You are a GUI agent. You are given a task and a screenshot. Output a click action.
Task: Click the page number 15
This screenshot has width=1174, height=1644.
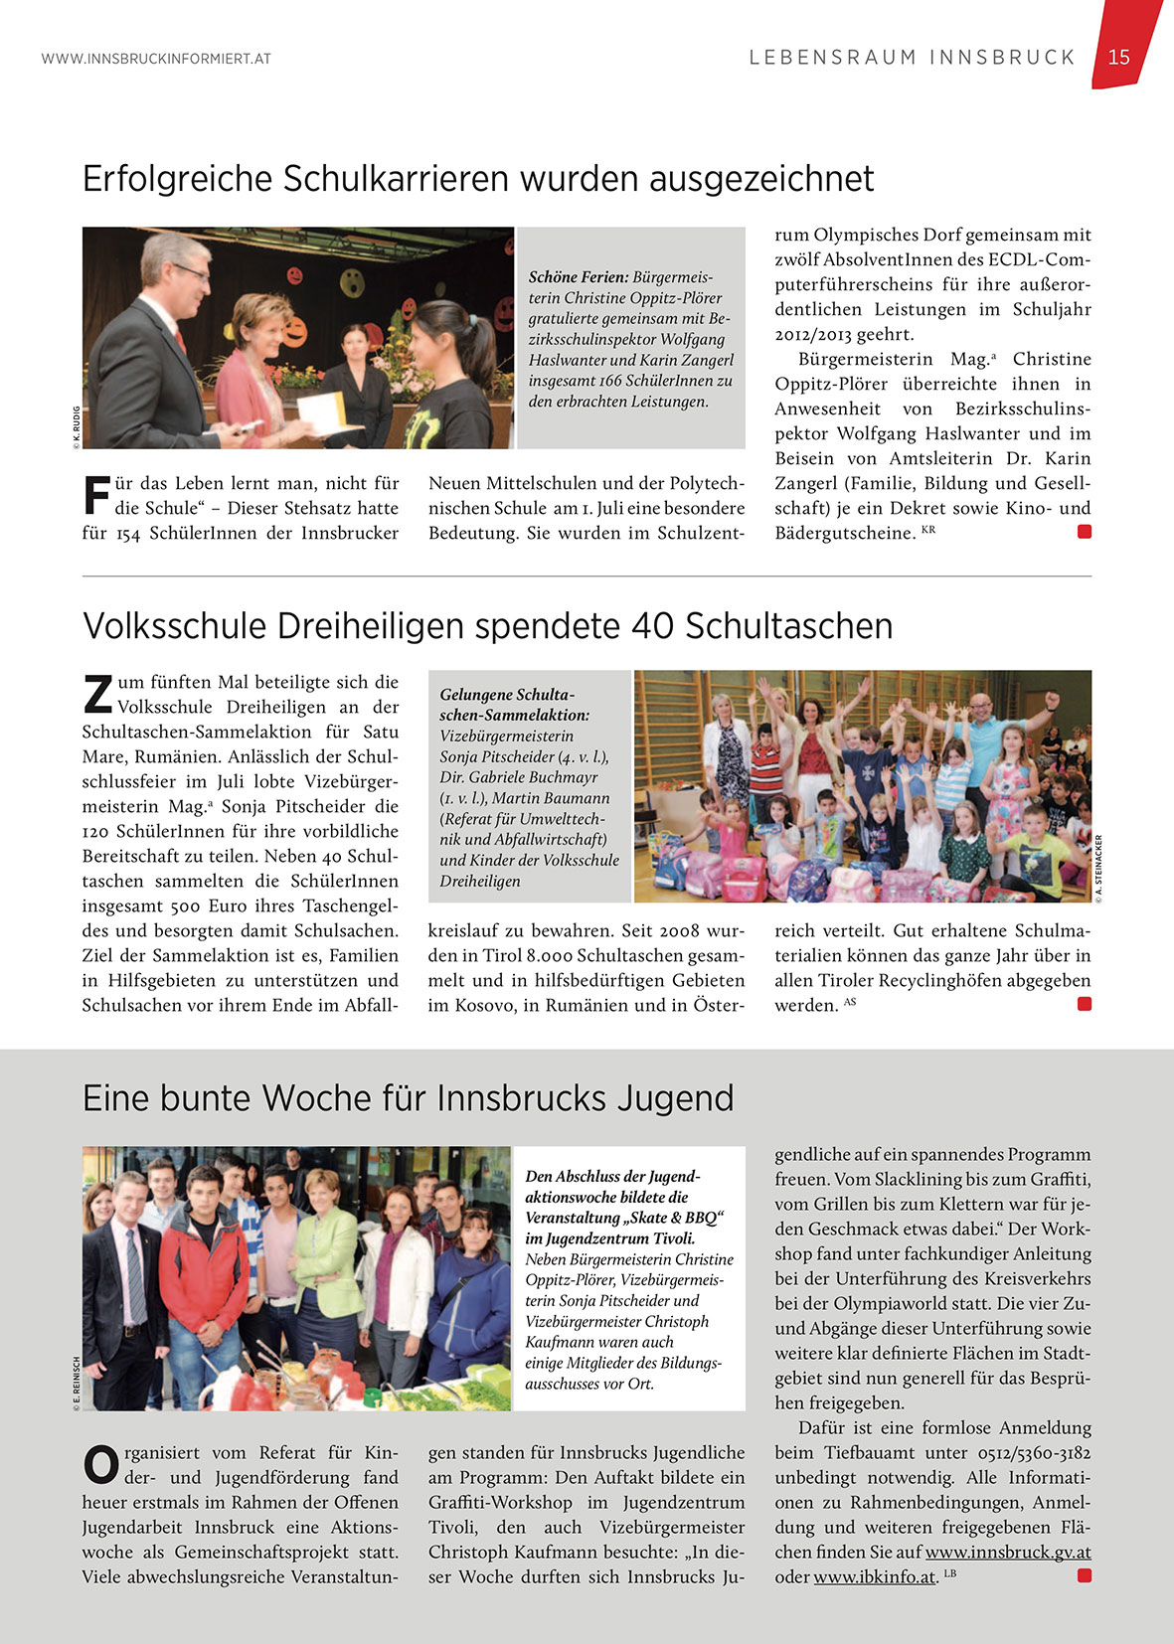click(1119, 58)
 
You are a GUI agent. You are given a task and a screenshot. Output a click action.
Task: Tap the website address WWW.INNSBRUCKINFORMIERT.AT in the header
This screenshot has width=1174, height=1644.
click(156, 60)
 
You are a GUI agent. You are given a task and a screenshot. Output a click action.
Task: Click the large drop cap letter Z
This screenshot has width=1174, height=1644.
click(97, 695)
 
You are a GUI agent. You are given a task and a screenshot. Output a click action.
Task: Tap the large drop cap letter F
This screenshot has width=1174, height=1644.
click(96, 496)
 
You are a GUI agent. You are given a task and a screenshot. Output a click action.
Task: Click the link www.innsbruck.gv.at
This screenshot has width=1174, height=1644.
click(1008, 1552)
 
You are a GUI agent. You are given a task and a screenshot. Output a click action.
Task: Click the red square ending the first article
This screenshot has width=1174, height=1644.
click(1085, 532)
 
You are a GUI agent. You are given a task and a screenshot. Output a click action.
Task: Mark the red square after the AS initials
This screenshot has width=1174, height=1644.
click(1085, 1004)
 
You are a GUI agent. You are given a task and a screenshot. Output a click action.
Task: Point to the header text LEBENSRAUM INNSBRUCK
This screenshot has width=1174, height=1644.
click(913, 58)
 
